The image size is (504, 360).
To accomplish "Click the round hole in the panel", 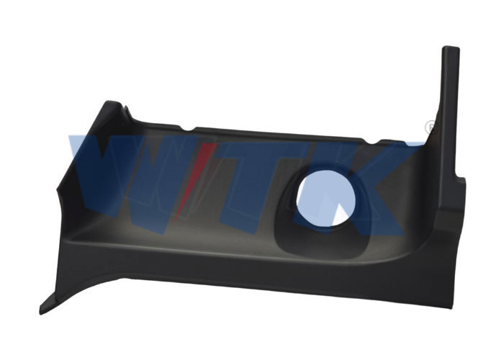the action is [326, 197].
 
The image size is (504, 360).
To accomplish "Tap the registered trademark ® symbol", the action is [431, 127].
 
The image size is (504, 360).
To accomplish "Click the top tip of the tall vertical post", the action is [451, 48].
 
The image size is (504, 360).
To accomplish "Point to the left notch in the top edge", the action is [189, 129].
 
